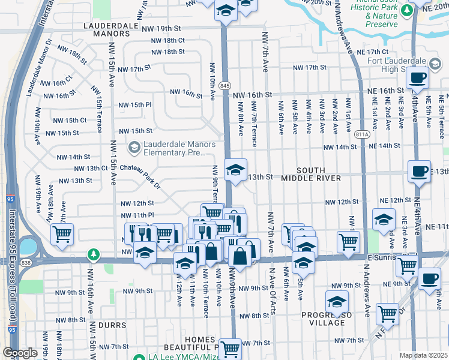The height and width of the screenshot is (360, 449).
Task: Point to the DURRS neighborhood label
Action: click(x=113, y=325)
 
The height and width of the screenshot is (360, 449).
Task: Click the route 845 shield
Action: click(x=224, y=86)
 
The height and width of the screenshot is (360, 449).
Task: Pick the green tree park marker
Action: click(x=93, y=255)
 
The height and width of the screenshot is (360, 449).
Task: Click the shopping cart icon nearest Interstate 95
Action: click(x=62, y=234)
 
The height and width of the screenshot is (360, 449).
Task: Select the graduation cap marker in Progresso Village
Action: click(x=337, y=301)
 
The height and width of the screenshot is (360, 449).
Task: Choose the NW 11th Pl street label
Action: click(x=137, y=215)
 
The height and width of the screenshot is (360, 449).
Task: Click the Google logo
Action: click(x=20, y=353)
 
